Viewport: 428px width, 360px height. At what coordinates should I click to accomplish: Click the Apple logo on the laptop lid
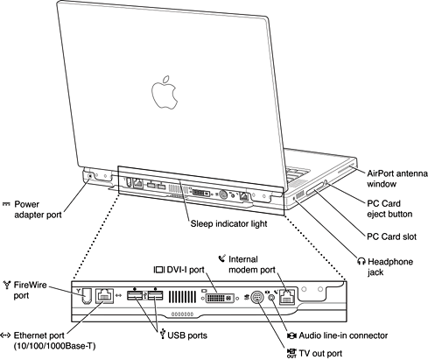159,90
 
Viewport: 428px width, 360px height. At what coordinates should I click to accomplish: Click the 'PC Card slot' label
393,237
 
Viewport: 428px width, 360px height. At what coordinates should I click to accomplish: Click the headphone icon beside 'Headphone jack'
361,261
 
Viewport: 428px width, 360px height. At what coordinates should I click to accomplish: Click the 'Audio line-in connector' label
366,335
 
